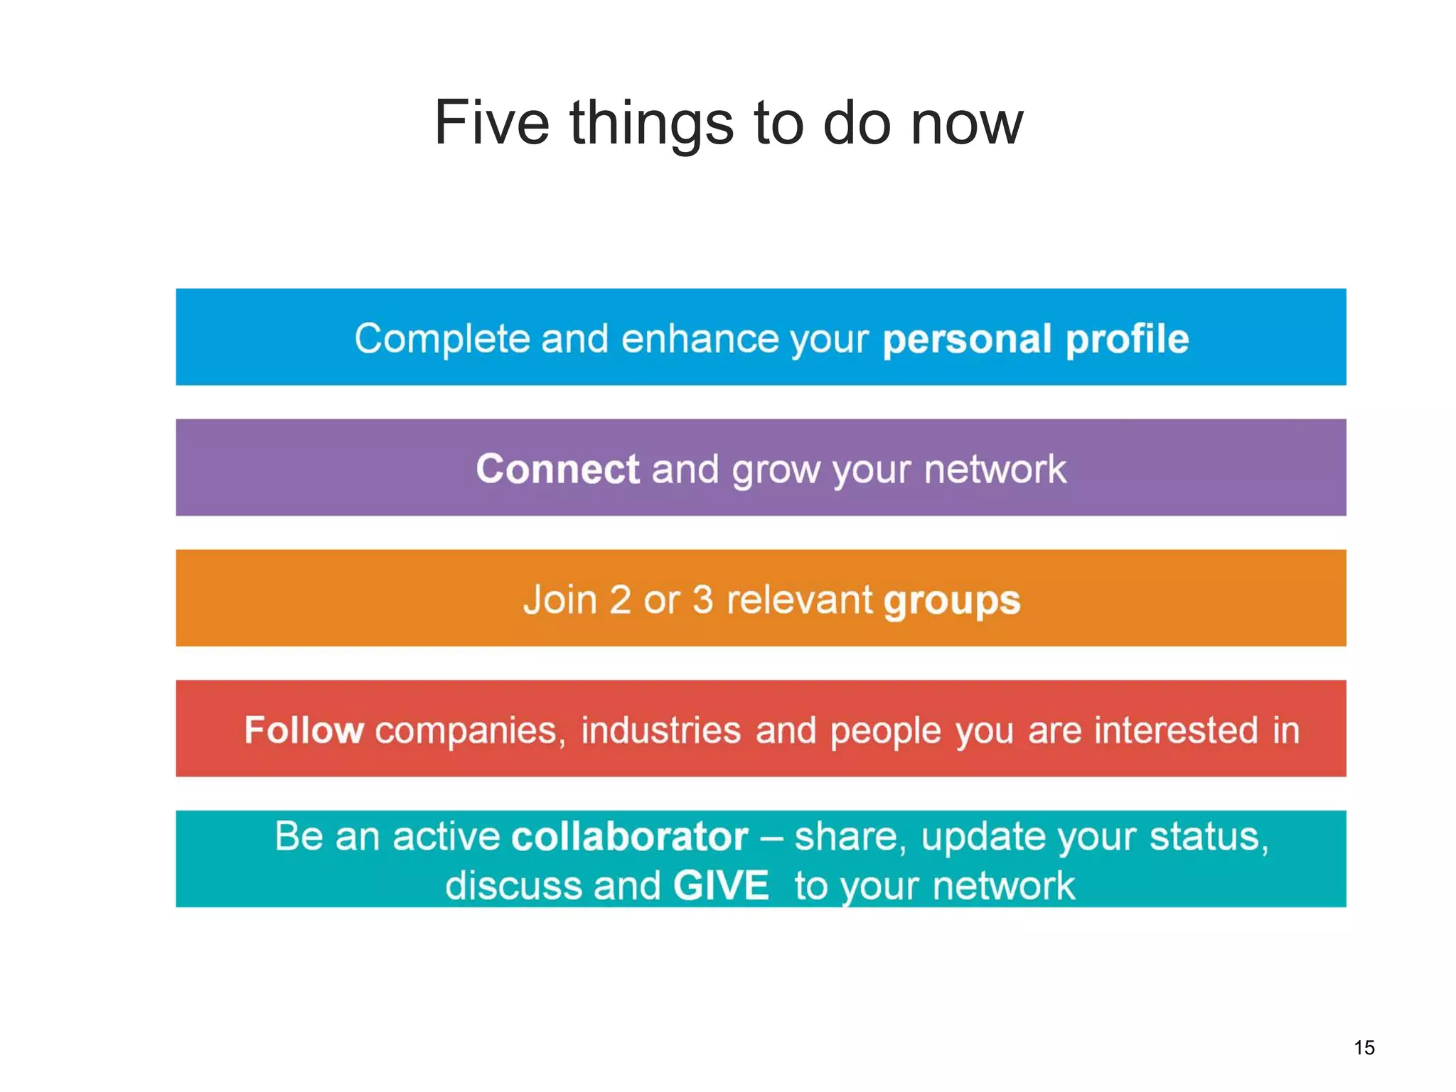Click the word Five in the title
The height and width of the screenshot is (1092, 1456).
491,123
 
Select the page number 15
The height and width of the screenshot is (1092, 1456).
1364,1047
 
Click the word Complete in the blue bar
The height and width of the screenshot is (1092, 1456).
441,339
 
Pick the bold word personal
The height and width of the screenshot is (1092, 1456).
966,339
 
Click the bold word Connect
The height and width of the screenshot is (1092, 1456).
557,469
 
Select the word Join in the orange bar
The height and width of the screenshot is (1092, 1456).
560,600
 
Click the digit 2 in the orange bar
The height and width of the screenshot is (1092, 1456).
620,600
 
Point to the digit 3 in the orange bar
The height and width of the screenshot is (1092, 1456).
702,600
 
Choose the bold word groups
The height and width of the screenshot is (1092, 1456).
952,601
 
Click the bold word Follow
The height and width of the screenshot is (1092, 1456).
304,730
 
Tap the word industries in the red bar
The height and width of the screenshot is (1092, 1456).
660,730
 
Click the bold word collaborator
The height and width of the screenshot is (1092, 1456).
629,836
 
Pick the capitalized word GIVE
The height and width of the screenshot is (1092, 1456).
720,885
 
